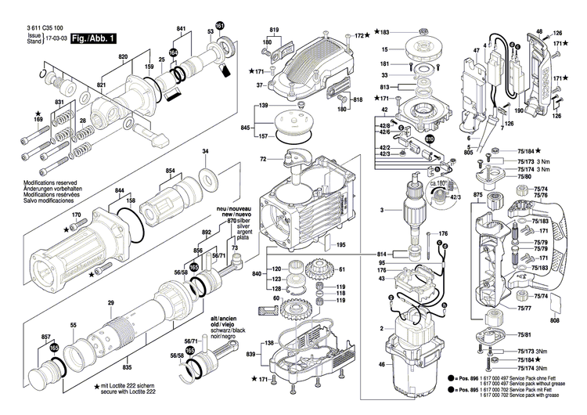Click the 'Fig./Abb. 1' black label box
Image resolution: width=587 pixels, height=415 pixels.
click(95, 38)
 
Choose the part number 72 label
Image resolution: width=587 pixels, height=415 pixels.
click(264, 160)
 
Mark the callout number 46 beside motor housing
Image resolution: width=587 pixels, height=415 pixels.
click(381, 364)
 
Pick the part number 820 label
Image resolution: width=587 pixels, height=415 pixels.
click(123, 58)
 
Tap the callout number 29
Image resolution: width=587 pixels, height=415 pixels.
click(110, 303)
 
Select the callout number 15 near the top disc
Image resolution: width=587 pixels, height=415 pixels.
click(384, 49)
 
